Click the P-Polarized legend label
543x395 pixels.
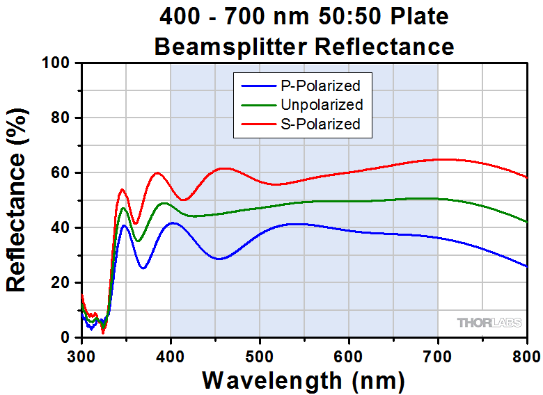point(321,86)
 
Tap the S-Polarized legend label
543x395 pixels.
point(321,124)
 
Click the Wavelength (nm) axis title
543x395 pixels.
point(304,380)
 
